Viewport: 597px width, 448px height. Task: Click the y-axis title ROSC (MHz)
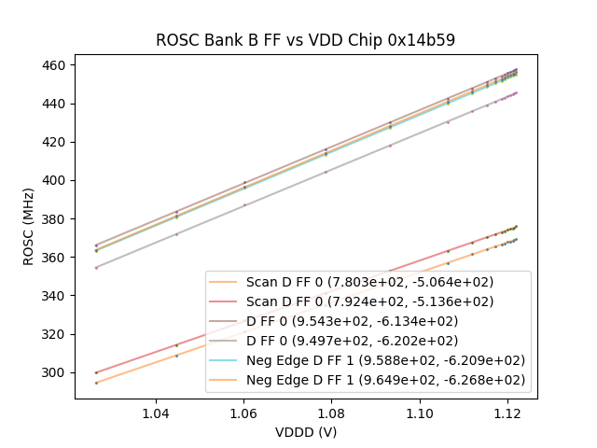point(30,227)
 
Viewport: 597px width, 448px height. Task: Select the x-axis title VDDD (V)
point(305,432)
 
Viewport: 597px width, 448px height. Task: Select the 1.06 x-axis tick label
point(243,413)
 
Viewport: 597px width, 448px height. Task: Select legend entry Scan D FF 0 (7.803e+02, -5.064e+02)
point(369,282)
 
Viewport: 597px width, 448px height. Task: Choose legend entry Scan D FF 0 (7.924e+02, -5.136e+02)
point(369,301)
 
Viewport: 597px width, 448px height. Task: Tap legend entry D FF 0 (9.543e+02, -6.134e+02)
point(369,321)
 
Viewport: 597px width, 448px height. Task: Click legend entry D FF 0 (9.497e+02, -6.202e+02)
point(369,341)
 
